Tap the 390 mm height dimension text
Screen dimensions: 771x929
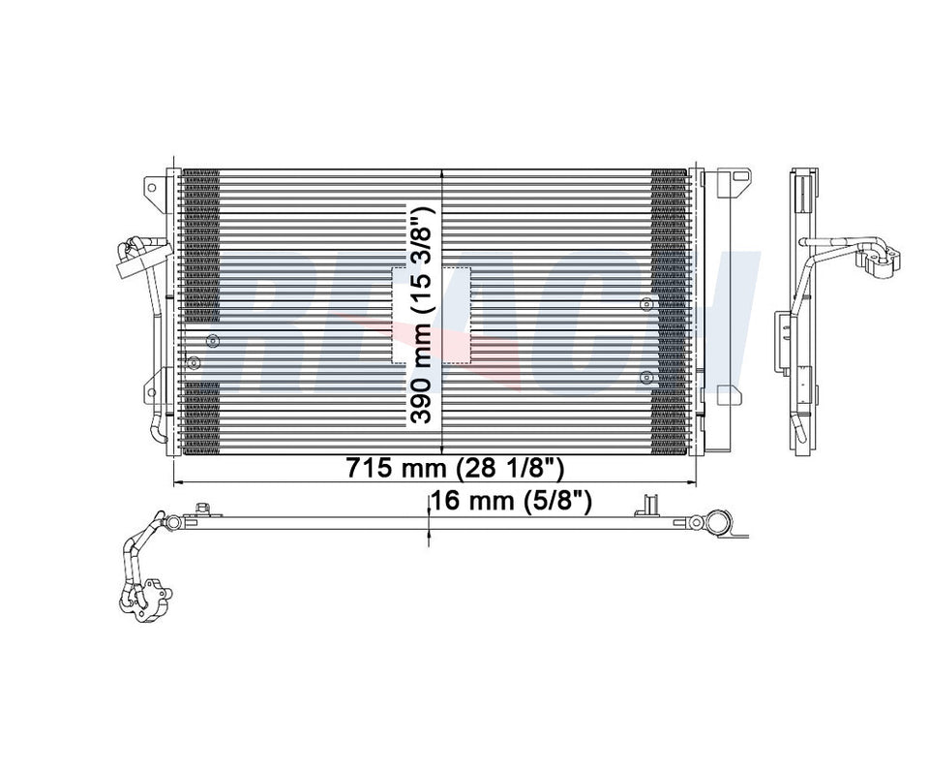point(421,315)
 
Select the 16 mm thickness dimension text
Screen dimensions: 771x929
point(513,501)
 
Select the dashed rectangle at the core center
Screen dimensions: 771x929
point(431,315)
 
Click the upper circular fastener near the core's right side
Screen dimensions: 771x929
point(646,305)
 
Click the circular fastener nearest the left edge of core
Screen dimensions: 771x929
point(194,363)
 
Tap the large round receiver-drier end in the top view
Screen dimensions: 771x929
point(718,524)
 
